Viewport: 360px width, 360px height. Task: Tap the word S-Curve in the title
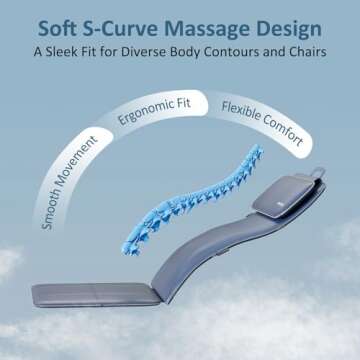click(124, 23)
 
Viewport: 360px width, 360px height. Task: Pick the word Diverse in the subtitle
click(159, 51)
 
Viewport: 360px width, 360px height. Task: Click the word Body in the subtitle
click(198, 51)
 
